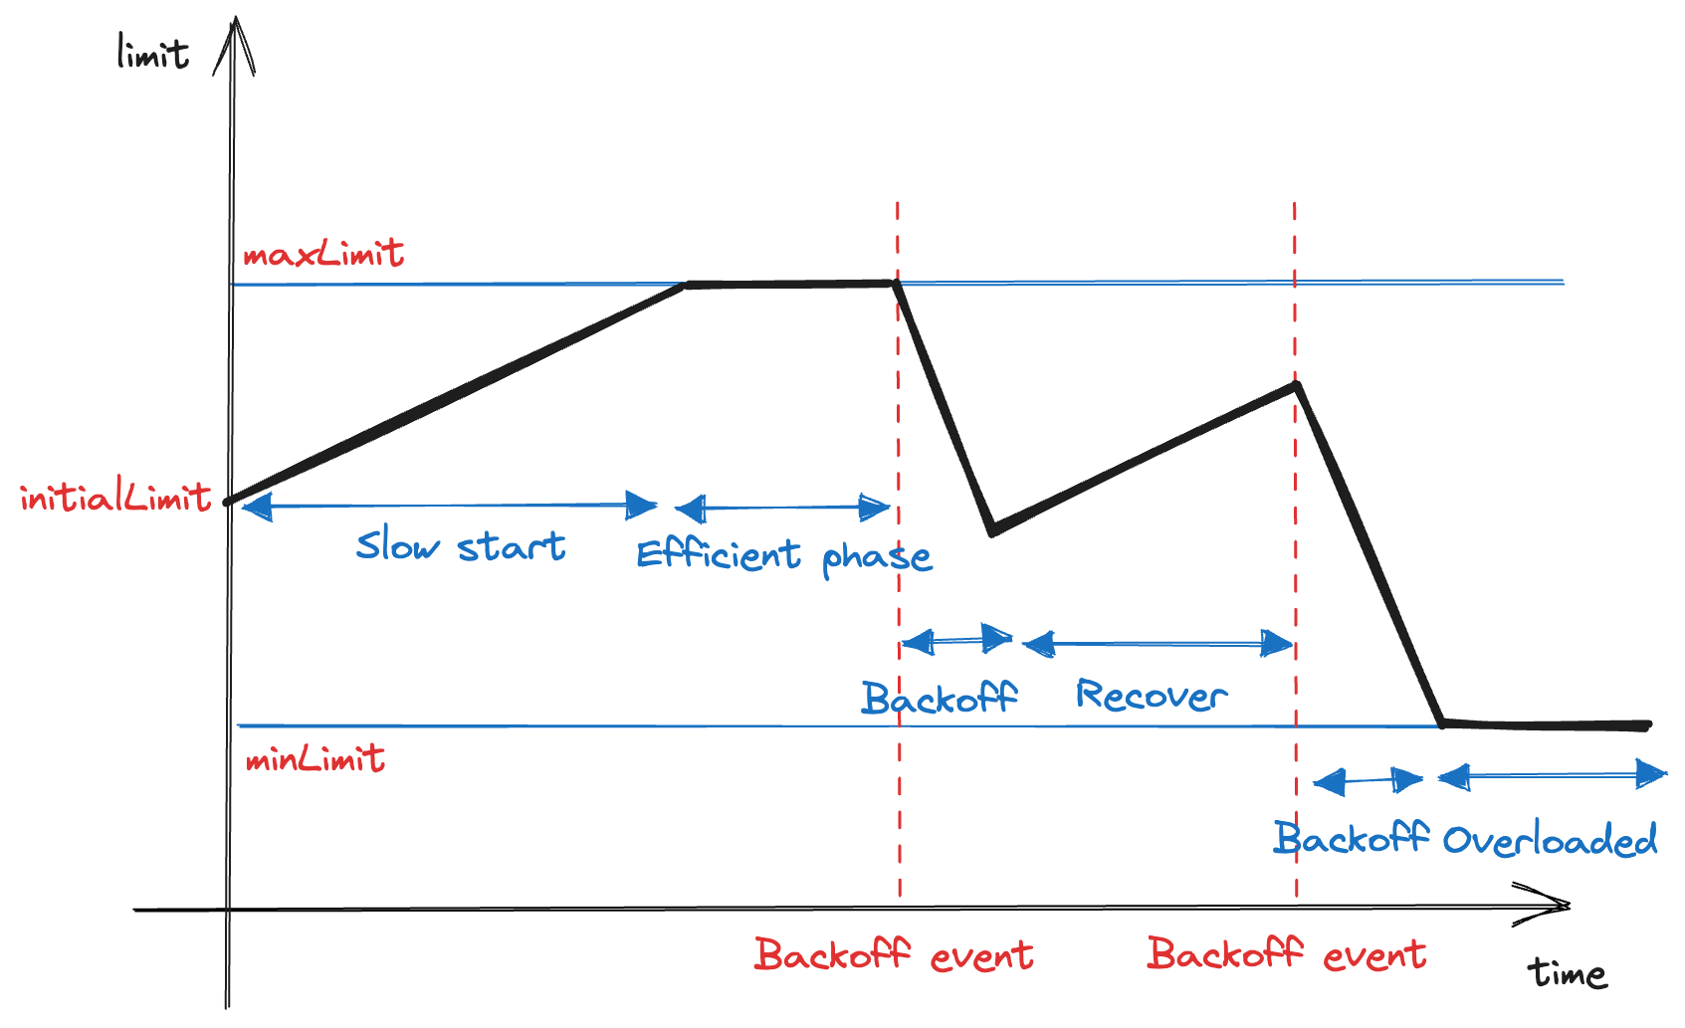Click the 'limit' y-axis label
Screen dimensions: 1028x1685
[152, 53]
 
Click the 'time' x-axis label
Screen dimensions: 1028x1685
[1567, 972]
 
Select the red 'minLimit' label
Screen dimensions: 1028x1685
[315, 759]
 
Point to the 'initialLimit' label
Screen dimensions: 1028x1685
[115, 496]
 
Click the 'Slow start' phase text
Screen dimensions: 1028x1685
[461, 545]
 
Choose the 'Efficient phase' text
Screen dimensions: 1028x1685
[783, 555]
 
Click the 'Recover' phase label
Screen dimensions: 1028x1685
[1151, 695]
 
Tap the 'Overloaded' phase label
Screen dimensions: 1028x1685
[1550, 840]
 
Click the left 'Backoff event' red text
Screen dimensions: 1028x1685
[893, 954]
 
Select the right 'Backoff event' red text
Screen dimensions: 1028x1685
[1286, 954]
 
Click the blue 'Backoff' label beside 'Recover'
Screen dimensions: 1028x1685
[939, 698]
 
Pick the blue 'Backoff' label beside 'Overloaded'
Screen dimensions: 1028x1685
[1351, 838]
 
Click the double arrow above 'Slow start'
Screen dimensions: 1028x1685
[449, 507]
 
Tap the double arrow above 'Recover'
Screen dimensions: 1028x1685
[1158, 644]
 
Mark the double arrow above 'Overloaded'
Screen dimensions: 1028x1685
[1553, 774]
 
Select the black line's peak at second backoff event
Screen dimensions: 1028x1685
[1296, 385]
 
